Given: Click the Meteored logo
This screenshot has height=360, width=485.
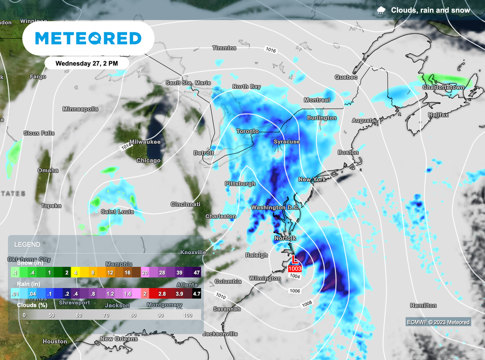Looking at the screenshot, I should pyautogui.click(x=88, y=38).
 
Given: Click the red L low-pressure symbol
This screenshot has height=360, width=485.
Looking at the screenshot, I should pyautogui.click(x=294, y=260).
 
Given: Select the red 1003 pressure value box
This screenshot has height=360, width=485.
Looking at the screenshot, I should pyautogui.click(x=294, y=269).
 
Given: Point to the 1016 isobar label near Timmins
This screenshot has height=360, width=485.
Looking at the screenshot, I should pyautogui.click(x=271, y=50).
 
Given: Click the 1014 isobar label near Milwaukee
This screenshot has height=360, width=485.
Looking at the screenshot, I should pyautogui.click(x=126, y=147).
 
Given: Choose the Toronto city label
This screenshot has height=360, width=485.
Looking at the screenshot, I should pyautogui.click(x=248, y=131).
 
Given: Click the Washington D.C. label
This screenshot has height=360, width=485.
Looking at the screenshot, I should pyautogui.click(x=275, y=207).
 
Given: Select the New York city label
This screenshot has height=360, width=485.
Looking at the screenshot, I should pyautogui.click(x=312, y=180).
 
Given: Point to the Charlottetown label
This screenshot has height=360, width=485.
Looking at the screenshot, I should pyautogui.click(x=443, y=88).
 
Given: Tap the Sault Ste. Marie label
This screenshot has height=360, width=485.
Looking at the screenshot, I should pyautogui.click(x=188, y=82).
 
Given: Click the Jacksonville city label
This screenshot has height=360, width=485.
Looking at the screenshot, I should pyautogui.click(x=220, y=333).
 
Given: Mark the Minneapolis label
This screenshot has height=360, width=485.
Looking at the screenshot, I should pyautogui.click(x=81, y=109).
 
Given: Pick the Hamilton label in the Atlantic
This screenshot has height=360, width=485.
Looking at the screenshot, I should pyautogui.click(x=423, y=306).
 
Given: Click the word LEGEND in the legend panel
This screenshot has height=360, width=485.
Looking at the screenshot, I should pyautogui.click(x=27, y=244).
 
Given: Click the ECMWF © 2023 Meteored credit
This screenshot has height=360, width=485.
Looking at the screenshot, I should pyautogui.click(x=438, y=322).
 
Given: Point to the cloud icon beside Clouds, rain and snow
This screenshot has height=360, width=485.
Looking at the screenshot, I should pyautogui.click(x=381, y=10).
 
